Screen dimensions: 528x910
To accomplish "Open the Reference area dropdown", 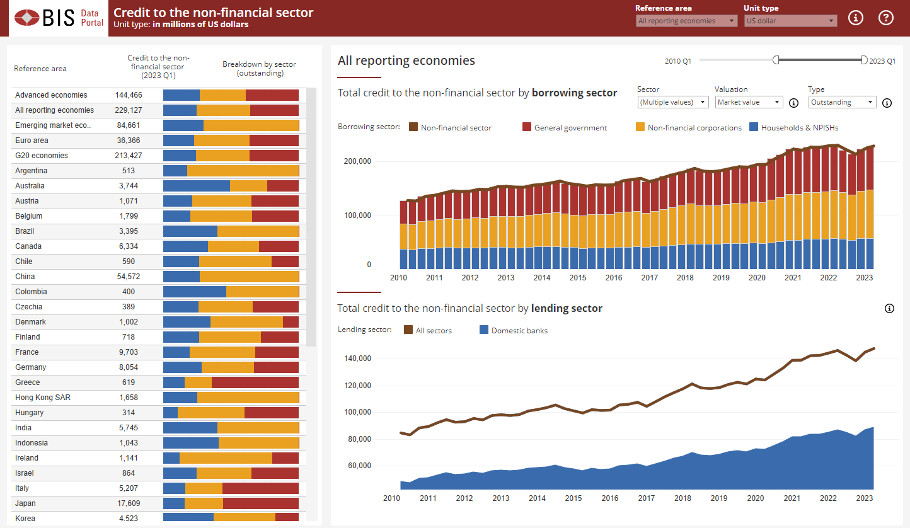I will tap(686, 21).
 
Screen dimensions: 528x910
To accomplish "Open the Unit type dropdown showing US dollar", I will tap(791, 21).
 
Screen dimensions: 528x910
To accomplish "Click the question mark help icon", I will tap(886, 18).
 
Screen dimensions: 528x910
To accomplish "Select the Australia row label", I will tap(30, 186).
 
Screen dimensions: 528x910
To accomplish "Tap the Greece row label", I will tap(27, 382).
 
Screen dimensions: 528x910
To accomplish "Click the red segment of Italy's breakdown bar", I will tap(260, 488).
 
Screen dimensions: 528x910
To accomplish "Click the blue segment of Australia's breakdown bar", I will tap(196, 186).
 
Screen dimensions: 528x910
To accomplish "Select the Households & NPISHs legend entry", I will tap(799, 128).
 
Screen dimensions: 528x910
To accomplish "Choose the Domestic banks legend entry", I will tap(519, 330).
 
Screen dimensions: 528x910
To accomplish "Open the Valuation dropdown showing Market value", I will tap(749, 102).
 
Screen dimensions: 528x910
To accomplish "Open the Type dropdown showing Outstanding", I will tap(842, 102).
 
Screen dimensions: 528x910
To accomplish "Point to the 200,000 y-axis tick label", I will tap(357, 161).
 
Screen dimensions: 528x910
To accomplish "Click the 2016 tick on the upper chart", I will tap(614, 277).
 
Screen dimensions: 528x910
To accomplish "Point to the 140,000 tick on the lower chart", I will tap(357, 359).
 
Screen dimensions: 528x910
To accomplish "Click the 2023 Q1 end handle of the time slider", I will tap(864, 60).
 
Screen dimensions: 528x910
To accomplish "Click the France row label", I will tap(26, 352).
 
